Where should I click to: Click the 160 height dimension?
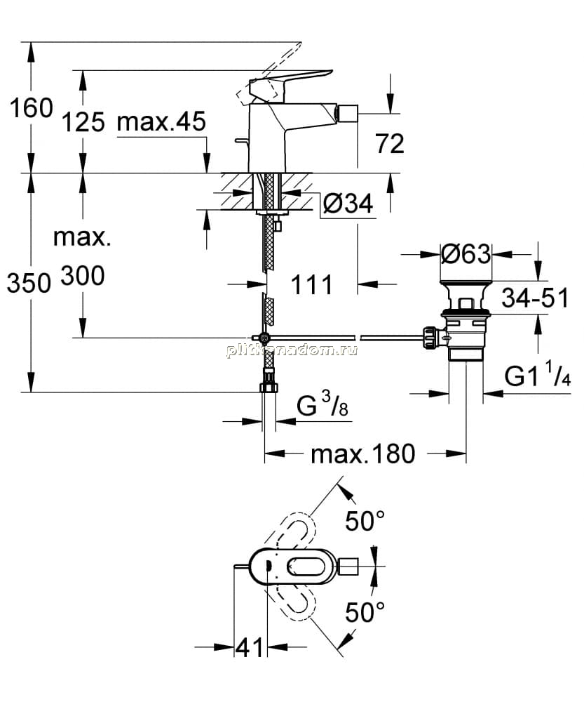32,108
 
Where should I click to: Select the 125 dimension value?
83,121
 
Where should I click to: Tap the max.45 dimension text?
161,121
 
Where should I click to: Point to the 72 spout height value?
390,143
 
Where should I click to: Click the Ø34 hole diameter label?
348,204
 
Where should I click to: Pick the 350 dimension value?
29,283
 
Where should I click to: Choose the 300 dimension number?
83,276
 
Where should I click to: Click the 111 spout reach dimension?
312,284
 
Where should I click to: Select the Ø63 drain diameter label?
466,254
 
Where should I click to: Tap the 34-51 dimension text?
535,298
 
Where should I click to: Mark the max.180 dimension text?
363,454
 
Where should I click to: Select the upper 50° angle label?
365,521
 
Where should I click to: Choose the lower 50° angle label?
365,612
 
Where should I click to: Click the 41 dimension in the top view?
250,647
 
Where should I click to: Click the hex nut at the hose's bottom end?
269,388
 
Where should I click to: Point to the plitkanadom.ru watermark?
292,350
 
